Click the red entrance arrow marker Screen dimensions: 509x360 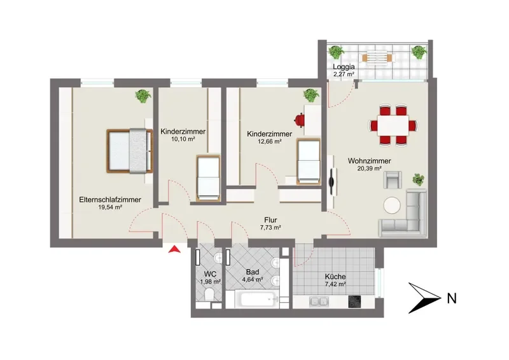click(174, 249)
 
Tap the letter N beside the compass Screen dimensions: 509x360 click(452, 298)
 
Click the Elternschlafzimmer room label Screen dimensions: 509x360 click(110, 200)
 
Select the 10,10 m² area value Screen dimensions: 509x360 click(183, 139)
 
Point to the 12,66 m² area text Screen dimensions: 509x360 click(269, 141)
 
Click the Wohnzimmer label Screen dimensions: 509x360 click(370, 161)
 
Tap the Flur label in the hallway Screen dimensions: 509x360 click(270, 221)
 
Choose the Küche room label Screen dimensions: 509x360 click(335, 277)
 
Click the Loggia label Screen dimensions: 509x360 click(344, 67)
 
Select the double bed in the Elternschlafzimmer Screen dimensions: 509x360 click(130, 151)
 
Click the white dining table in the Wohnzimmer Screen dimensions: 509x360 click(393, 125)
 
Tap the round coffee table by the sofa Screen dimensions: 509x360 click(392, 205)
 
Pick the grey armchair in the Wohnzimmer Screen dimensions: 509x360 click(393, 180)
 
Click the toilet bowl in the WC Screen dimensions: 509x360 click(209, 294)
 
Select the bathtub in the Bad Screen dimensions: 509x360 click(257, 300)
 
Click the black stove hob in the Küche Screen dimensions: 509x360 click(354, 301)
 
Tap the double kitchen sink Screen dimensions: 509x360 click(319, 301)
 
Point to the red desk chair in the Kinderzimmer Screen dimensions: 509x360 click(299, 120)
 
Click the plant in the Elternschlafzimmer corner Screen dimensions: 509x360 click(143, 96)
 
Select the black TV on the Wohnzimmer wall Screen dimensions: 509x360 click(331, 182)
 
